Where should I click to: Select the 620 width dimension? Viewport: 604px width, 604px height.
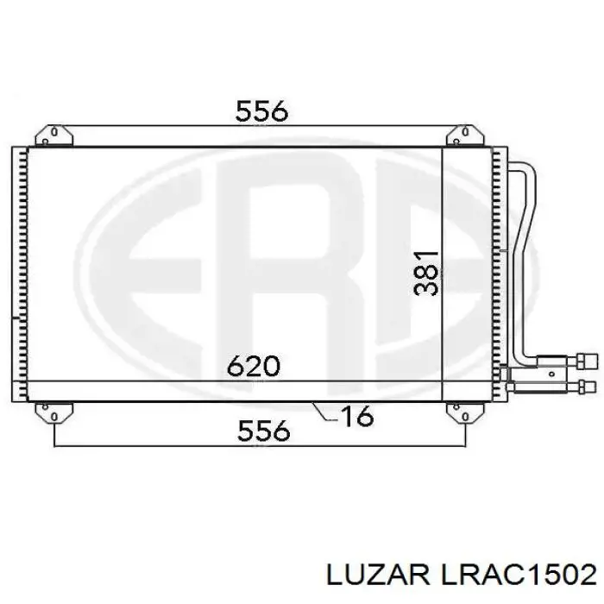click(253, 367)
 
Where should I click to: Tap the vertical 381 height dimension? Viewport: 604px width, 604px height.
click(426, 274)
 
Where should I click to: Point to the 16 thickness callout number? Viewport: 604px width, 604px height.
click(355, 417)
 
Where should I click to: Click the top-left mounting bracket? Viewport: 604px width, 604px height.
click(53, 135)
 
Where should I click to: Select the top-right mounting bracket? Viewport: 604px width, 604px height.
click(459, 135)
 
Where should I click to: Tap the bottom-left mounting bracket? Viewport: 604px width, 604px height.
click(53, 412)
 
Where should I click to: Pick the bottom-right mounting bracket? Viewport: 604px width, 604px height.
click(459, 412)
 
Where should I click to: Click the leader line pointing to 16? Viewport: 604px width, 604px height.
click(323, 412)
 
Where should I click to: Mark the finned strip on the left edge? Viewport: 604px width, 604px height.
click(19, 274)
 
